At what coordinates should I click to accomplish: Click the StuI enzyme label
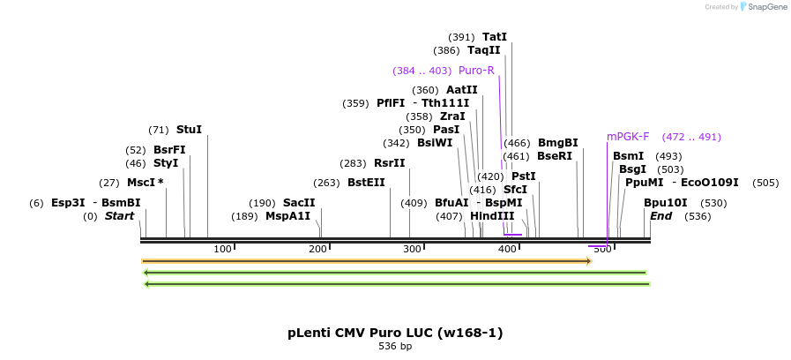tap(189, 130)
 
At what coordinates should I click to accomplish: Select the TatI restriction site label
tap(495, 37)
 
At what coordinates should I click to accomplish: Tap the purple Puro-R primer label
tap(476, 71)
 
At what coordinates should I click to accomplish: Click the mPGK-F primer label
tap(628, 137)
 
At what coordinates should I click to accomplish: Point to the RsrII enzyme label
tap(389, 163)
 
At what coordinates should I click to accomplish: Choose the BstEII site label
tap(366, 183)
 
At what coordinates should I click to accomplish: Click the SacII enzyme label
tap(299, 203)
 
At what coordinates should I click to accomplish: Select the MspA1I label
tap(287, 216)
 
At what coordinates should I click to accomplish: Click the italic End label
tap(660, 216)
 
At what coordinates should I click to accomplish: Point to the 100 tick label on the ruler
tap(222, 249)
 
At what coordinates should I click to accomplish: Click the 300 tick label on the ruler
tap(412, 249)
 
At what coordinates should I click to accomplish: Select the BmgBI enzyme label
tap(557, 143)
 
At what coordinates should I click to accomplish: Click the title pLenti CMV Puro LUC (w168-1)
tap(395, 333)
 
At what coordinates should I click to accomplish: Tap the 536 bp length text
tap(395, 346)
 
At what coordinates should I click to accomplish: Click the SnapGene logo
tap(764, 7)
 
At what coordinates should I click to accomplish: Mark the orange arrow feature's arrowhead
tap(587, 261)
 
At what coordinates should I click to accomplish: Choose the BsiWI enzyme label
tap(435, 143)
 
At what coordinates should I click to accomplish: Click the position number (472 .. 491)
tap(691, 137)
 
